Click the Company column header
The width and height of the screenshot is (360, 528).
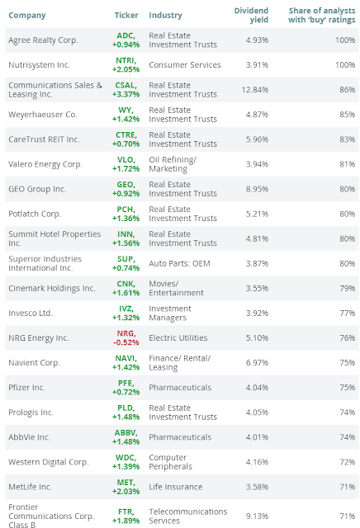[27, 15]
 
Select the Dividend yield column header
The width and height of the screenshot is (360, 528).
[251, 15]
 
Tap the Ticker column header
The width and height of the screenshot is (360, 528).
[126, 15]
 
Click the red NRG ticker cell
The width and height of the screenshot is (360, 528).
[126, 337]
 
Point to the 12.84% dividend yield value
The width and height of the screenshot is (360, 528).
[255, 90]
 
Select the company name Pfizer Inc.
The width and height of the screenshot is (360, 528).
[26, 387]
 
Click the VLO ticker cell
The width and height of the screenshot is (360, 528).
[126, 164]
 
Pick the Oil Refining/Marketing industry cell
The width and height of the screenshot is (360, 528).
[173, 164]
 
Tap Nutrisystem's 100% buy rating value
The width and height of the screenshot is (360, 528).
[345, 64]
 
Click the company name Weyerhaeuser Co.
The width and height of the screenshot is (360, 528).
[43, 115]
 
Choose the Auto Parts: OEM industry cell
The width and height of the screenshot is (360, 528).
[179, 263]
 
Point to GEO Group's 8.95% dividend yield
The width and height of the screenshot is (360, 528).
[257, 189]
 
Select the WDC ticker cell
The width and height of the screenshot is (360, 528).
[126, 462]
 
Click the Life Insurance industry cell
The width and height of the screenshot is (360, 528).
[176, 487]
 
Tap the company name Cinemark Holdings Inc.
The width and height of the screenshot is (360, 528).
[52, 288]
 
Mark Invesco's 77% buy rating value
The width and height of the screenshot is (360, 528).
[347, 313]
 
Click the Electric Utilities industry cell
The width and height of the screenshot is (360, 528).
[178, 337]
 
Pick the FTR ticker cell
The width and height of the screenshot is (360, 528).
[126, 516]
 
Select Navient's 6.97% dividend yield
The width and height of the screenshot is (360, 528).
[257, 363]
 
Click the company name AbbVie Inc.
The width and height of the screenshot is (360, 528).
[30, 437]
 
